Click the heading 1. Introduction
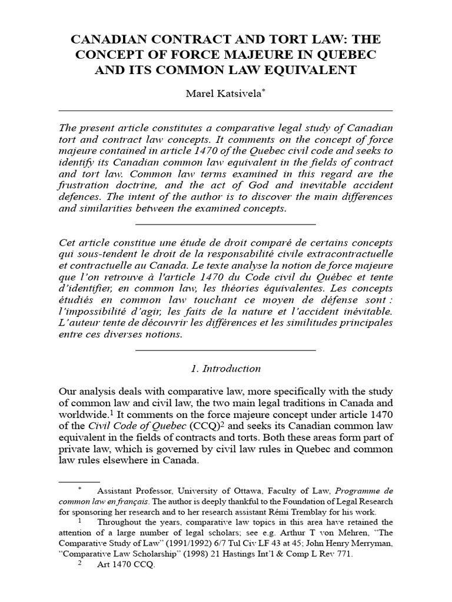[x=226, y=369]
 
